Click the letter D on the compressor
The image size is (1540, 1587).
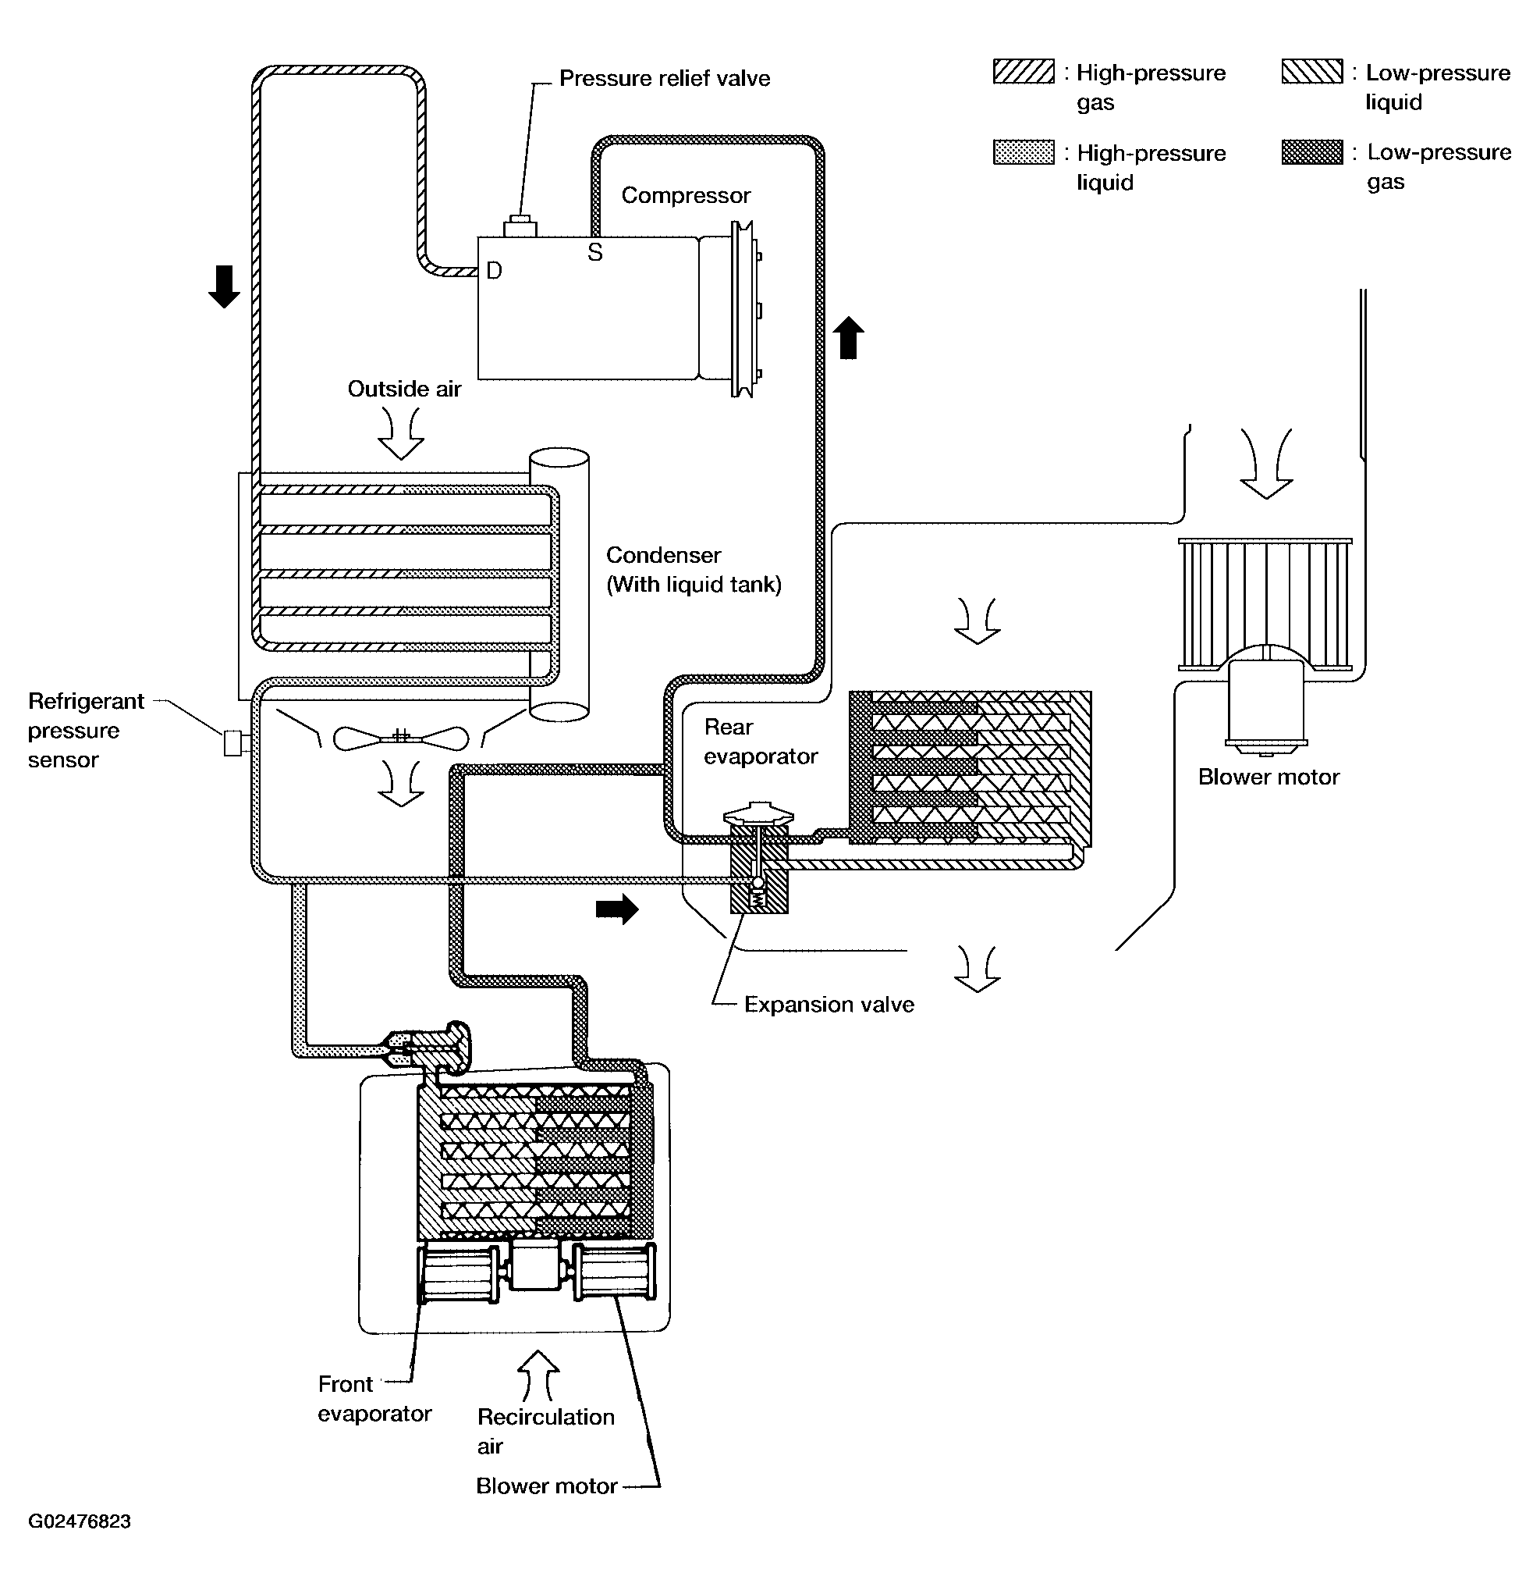[494, 270]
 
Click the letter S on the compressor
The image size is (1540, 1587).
[594, 253]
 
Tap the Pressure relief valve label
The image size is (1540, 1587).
[665, 79]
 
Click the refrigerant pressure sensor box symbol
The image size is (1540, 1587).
[232, 743]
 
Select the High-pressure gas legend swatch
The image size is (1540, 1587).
[1024, 71]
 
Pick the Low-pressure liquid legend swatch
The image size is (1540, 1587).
[1311, 71]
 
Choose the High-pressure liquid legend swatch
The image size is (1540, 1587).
[1024, 152]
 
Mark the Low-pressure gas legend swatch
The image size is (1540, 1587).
[1311, 152]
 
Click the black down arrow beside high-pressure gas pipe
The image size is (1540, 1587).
[224, 286]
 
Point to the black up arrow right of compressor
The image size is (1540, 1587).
[848, 336]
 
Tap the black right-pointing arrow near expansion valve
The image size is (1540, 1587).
[617, 909]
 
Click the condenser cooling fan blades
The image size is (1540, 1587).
[400, 738]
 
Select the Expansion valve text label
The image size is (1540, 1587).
[829, 1005]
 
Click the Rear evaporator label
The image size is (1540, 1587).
[761, 742]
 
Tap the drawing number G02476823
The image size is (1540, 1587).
[80, 1521]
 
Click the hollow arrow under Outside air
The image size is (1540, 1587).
[400, 434]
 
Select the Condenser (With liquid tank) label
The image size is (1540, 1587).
[694, 570]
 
